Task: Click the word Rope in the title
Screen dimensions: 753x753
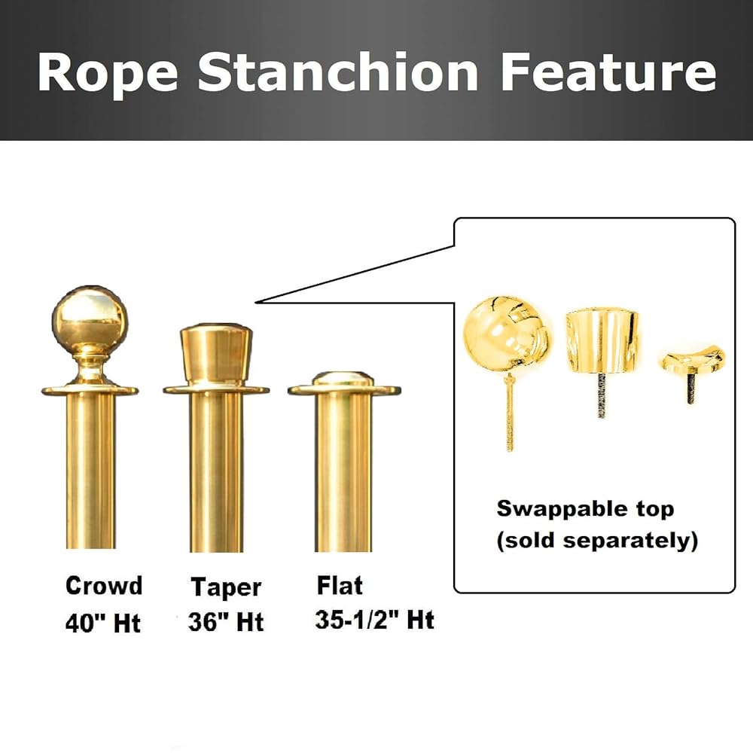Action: pos(108,72)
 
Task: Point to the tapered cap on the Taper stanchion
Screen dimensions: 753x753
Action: pos(216,353)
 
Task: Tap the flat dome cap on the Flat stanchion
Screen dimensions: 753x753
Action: pos(343,379)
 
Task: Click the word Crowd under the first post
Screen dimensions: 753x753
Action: pos(104,585)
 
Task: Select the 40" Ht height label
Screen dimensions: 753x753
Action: pos(102,623)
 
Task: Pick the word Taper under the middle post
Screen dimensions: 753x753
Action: pos(226,587)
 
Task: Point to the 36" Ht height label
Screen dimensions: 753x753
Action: pos(226,621)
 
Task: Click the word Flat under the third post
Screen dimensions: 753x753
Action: pos(340,585)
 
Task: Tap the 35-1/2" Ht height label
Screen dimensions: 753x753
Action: pos(374,620)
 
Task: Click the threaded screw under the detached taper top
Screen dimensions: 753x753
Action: pos(601,395)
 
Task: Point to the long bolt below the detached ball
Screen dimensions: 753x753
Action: pos(510,412)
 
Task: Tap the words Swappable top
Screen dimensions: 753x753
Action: pos(585,509)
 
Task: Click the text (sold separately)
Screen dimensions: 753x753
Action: pos(597,540)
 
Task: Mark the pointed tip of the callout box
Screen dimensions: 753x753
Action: pos(256,302)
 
